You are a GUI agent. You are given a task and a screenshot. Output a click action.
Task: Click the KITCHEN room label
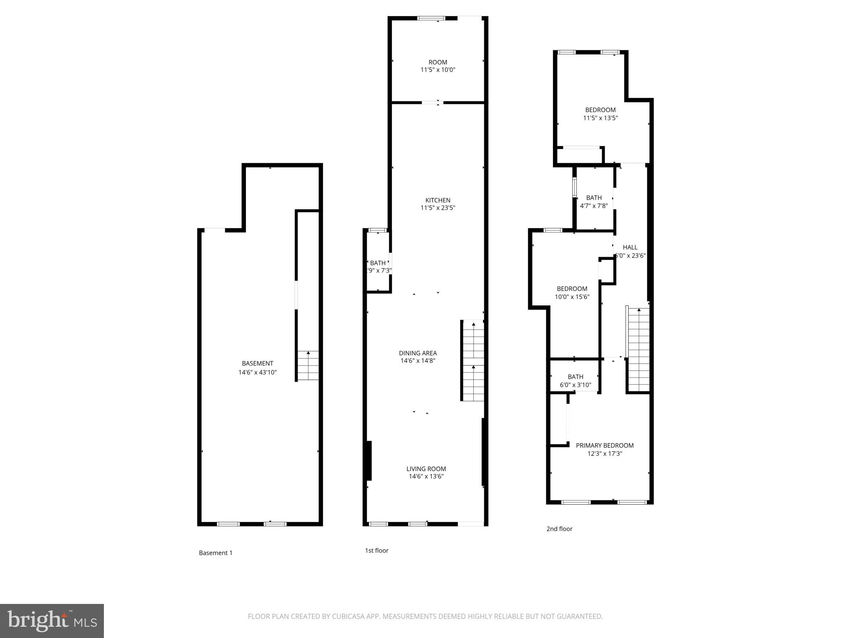pyautogui.click(x=438, y=200)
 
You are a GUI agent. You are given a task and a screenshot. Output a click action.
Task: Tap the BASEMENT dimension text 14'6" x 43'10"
pyautogui.click(x=257, y=373)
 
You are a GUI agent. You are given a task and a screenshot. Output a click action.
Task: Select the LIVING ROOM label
pyautogui.click(x=426, y=469)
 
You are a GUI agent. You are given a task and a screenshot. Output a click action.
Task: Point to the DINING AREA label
pyautogui.click(x=418, y=353)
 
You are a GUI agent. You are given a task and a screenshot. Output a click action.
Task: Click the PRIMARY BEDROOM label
pyautogui.click(x=605, y=446)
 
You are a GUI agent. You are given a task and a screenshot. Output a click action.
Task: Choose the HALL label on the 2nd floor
pyautogui.click(x=630, y=248)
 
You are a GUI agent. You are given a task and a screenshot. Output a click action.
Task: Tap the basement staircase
pyautogui.click(x=308, y=366)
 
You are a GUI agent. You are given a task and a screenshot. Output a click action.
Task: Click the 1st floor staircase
pyautogui.click(x=473, y=361)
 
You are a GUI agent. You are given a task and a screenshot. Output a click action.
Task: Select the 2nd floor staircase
pyautogui.click(x=638, y=349)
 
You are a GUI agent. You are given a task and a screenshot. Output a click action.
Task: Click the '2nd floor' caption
pyautogui.click(x=559, y=529)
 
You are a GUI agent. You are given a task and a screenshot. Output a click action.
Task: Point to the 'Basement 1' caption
pyautogui.click(x=216, y=553)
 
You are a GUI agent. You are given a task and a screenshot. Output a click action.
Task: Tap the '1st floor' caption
pyautogui.click(x=376, y=551)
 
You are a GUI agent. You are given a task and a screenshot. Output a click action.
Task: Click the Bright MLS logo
pyautogui.click(x=52, y=621)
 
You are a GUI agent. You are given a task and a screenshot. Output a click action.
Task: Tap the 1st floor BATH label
pyautogui.click(x=378, y=263)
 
